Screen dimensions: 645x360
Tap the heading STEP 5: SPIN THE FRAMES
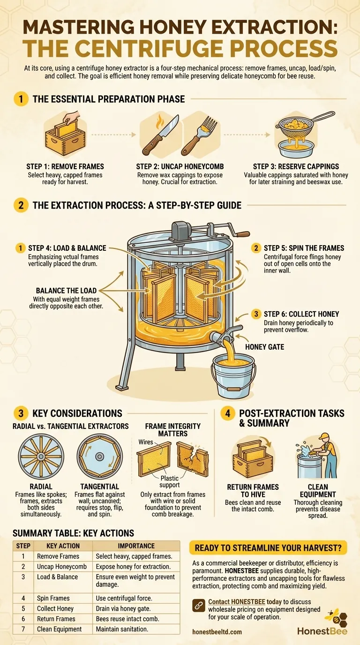pyautogui.click(x=304, y=248)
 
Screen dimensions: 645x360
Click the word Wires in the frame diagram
pyautogui.click(x=146, y=442)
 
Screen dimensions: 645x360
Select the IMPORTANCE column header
pyautogui.click(x=136, y=546)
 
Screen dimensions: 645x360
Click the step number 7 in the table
pyautogui.click(x=23, y=629)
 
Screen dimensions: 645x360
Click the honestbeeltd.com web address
pyautogui.click(x=217, y=631)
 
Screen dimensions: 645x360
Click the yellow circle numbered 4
pyautogui.click(x=227, y=413)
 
